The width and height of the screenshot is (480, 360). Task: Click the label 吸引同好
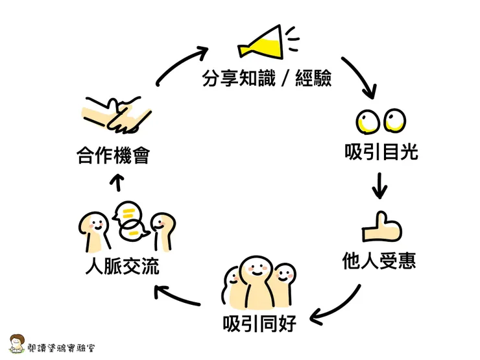[259, 322]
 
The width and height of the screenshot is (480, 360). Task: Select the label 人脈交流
[123, 267]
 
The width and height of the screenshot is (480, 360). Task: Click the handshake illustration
[117, 114]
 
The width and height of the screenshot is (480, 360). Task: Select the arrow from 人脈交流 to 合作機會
[117, 184]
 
